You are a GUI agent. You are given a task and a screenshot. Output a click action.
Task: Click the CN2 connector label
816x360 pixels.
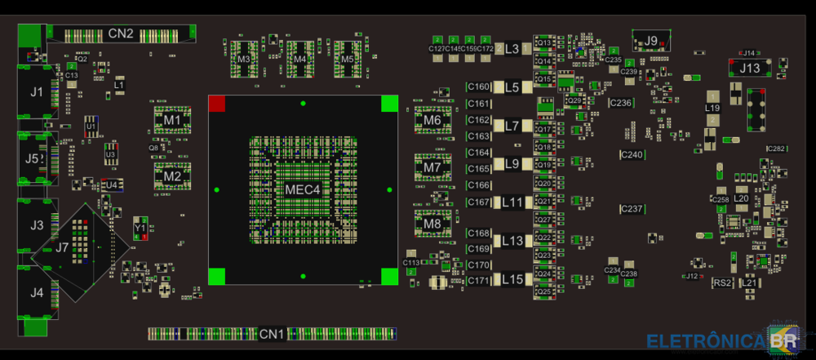point(121,34)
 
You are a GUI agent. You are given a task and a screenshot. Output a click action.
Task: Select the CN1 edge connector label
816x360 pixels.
point(272,334)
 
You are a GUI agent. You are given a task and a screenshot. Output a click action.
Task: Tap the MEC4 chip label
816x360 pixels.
point(303,190)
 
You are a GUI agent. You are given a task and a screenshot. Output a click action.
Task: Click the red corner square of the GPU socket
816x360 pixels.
point(217,104)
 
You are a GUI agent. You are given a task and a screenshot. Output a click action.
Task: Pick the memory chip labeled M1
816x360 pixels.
point(171,120)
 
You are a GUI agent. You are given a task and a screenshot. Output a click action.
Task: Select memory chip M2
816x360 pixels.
point(172,176)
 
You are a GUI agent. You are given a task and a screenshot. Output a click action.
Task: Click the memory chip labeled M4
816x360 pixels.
point(300,60)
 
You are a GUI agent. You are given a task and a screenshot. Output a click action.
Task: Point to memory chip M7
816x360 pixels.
point(432,168)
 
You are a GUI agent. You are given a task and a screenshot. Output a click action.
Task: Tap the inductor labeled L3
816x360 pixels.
point(512,49)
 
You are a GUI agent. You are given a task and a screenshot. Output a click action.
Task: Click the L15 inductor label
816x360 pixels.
point(512,279)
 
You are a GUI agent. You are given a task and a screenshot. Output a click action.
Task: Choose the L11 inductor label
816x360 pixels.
point(512,202)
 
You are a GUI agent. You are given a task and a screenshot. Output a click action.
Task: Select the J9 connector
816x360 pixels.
point(651,41)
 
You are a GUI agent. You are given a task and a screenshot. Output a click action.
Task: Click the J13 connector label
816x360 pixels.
point(749,69)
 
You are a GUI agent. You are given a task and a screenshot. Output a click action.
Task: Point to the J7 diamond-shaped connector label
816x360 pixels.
point(62,247)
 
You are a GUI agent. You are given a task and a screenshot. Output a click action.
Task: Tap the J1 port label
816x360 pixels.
point(37,92)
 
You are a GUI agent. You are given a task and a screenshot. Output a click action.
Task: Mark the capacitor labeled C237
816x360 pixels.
point(632,209)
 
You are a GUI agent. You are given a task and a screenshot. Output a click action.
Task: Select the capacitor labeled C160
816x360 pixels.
point(479,87)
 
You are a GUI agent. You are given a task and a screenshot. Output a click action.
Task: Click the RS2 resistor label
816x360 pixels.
point(722,282)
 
